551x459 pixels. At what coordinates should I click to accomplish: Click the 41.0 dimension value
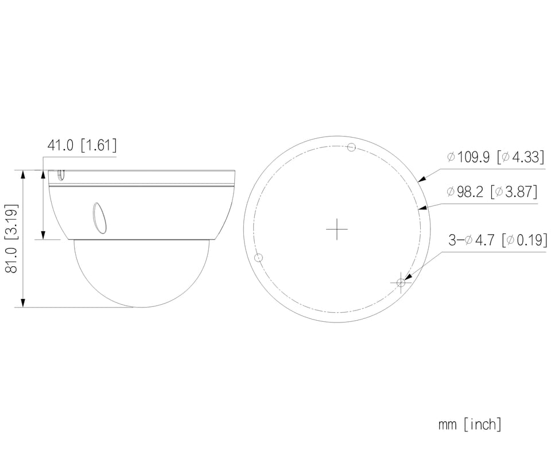[x=60, y=145]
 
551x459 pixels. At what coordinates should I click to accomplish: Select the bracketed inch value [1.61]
[x=98, y=145]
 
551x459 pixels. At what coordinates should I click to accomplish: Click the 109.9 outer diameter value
[x=468, y=157]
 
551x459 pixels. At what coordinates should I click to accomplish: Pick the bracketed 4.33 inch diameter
[x=521, y=157]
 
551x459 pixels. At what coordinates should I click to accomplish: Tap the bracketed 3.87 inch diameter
[x=514, y=192]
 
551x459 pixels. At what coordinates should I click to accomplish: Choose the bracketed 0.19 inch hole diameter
[x=525, y=240]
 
